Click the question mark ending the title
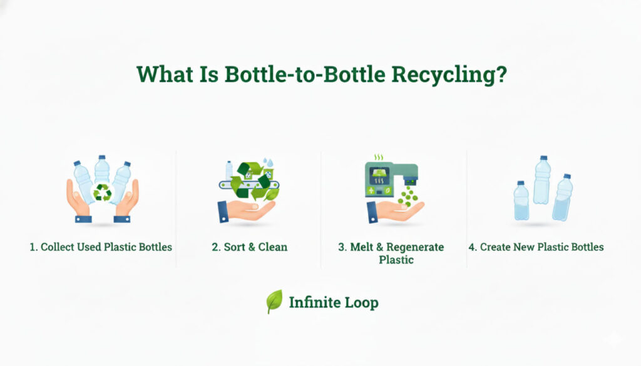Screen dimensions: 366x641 click(x=501, y=74)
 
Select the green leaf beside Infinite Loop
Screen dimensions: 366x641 click(x=274, y=302)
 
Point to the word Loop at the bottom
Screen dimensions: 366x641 click(x=362, y=303)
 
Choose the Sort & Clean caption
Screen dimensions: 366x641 click(x=249, y=247)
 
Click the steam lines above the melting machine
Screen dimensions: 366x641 click(x=378, y=158)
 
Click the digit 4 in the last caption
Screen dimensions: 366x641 click(x=471, y=247)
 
